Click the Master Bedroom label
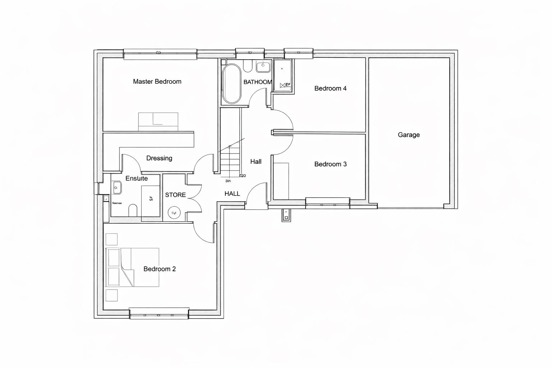point(157,82)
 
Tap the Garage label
point(409,135)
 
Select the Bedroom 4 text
point(330,88)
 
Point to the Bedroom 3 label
point(330,164)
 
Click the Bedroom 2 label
point(160,269)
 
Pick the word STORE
point(175,195)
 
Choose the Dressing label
point(159,158)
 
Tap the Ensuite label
point(137,178)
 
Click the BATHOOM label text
point(258,82)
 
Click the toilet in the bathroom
point(248,65)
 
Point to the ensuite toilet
point(133,211)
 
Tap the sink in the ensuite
point(117,187)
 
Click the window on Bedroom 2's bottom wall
point(159,314)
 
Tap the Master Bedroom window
point(160,54)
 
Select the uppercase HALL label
point(232,194)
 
